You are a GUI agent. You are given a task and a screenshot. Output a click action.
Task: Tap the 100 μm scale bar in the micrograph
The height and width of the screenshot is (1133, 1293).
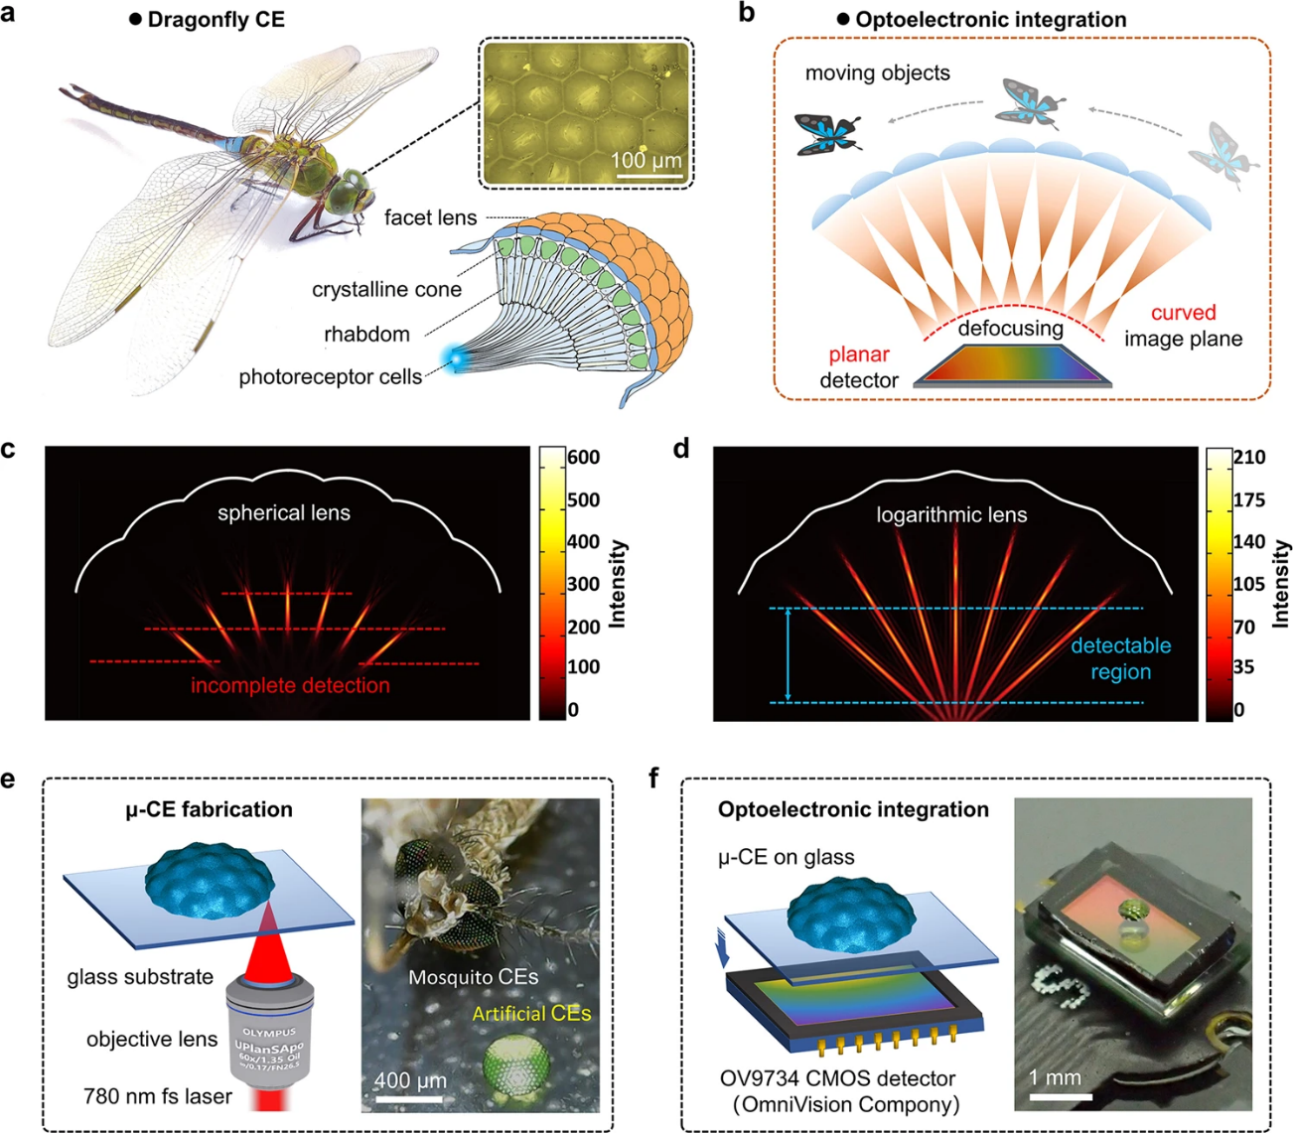(x=647, y=178)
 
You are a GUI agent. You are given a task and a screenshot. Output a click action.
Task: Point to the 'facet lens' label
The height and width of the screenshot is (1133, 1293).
(x=430, y=217)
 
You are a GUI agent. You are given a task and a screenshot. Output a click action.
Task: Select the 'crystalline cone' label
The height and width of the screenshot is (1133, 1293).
(x=386, y=289)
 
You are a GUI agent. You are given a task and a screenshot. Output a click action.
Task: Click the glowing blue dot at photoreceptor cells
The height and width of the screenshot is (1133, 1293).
(x=456, y=359)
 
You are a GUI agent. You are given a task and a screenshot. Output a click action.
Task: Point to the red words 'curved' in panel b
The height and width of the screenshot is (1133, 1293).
(x=1183, y=313)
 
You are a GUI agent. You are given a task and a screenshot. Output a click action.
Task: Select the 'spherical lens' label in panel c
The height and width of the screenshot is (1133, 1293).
(x=284, y=512)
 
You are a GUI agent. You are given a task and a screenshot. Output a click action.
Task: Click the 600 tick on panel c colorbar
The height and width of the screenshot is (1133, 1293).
(x=584, y=458)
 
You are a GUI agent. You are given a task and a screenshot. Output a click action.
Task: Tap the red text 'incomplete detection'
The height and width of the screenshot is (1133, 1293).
(x=290, y=685)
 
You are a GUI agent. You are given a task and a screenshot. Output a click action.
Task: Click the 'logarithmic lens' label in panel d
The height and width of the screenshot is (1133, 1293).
(x=951, y=514)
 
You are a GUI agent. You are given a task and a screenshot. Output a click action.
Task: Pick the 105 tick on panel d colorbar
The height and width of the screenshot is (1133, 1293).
(x=1249, y=584)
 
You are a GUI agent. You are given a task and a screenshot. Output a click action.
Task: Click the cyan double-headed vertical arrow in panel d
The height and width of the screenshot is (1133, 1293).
(x=788, y=655)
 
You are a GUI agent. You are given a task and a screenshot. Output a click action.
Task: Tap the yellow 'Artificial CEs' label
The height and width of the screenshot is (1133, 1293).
(x=531, y=1014)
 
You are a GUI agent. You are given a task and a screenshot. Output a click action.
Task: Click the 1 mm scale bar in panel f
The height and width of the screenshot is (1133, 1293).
(x=1061, y=1097)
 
